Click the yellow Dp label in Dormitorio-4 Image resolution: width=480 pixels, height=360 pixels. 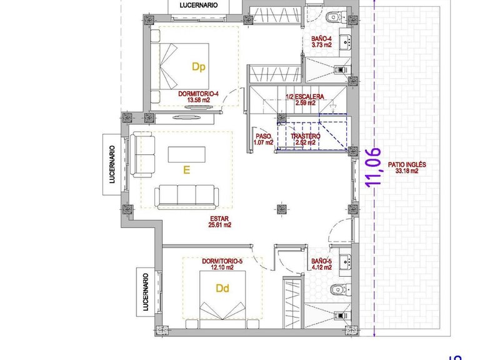(x=199, y=66)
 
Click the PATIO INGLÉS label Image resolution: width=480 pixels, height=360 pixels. (x=407, y=165)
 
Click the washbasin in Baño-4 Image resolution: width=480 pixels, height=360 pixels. (x=346, y=42)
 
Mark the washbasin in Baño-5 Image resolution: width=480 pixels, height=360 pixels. (x=346, y=261)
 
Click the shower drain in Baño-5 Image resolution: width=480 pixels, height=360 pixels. (x=341, y=316)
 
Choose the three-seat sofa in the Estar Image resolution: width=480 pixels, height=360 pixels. (x=186, y=196)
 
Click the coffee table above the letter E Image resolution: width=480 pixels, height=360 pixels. (x=186, y=154)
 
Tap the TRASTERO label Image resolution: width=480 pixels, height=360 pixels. (x=306, y=136)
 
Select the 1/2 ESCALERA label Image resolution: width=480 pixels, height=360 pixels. (x=304, y=97)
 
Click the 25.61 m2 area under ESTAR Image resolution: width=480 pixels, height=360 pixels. (x=219, y=226)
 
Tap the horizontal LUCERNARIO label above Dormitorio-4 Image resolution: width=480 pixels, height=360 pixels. (x=198, y=5)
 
